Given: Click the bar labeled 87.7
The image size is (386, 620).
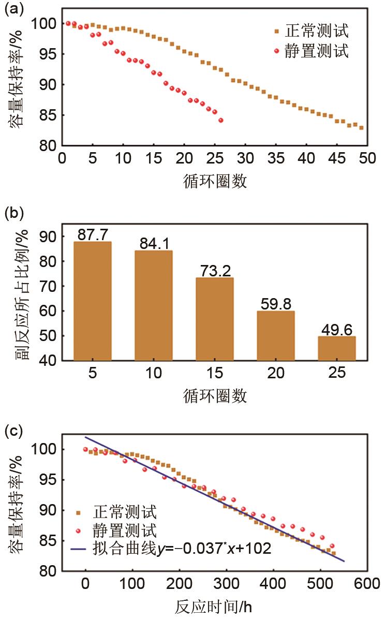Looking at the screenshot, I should coord(93,301).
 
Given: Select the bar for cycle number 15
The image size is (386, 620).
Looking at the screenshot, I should coord(215,318).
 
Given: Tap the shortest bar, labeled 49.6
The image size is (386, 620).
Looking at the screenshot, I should coord(337,348).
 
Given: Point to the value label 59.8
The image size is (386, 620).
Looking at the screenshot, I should coord(276,303).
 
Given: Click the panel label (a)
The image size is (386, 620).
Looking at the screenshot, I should coord(14,9).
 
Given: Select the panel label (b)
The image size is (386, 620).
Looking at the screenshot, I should coord(14,213).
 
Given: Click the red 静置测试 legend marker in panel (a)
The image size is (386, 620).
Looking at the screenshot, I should coord(277,51).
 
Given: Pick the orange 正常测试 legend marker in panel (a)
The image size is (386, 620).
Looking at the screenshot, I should coord(277,32).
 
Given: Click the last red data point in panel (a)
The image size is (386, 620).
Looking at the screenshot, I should coord(221,121).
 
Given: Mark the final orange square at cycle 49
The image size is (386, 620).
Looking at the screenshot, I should coord(361,128).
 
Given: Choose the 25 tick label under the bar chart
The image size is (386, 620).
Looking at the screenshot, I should coord(337,373).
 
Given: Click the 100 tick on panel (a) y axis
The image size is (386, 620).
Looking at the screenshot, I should coord(44,24).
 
